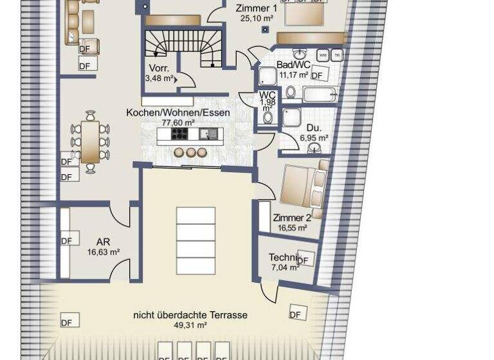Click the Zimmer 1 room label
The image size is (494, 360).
point(257,8)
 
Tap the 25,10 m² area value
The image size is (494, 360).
point(257,19)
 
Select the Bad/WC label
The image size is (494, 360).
point(293,65)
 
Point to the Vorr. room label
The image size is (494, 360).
point(159,68)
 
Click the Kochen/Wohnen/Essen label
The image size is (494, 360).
point(178,113)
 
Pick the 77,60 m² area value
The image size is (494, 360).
point(178,122)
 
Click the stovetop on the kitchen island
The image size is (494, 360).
point(178,134)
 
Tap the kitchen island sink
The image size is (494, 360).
point(207,134)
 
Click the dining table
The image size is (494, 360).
point(90,142)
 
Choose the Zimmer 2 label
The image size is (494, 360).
point(292,218)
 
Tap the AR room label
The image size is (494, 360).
point(103,242)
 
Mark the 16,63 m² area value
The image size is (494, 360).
point(103,252)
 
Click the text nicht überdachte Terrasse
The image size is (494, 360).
point(190,315)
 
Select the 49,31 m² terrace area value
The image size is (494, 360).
point(190,325)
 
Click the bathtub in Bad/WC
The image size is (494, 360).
point(320,94)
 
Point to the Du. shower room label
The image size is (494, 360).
point(315,128)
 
